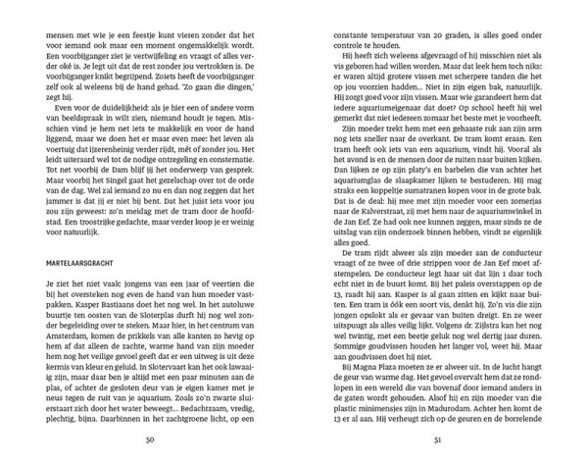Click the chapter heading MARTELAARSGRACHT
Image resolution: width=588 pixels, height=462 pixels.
87,264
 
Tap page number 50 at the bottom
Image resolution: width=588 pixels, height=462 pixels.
150,439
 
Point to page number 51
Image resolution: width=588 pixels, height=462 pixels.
436,439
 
